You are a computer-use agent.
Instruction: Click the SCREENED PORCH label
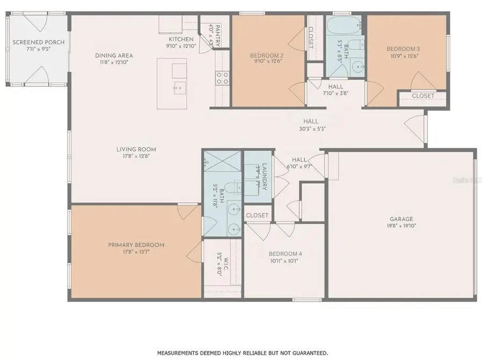38,42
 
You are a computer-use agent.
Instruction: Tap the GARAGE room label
401,218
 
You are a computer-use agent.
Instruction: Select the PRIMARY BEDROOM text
136,245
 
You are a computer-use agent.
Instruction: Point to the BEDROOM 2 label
267,55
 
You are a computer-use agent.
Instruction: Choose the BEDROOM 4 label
286,254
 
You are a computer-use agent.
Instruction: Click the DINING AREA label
114,55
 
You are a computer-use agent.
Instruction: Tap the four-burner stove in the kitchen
222,78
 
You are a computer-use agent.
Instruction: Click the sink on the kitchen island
178,86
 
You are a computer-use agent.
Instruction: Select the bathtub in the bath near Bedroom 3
343,25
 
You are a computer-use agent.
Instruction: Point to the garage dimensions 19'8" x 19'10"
401,225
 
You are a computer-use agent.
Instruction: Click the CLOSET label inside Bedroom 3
423,95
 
